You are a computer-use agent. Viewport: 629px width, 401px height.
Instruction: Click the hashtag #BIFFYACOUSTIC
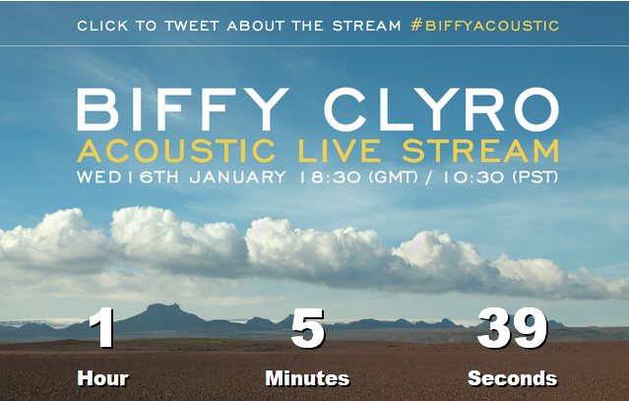tap(484, 26)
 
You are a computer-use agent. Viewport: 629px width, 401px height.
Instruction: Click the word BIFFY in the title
tap(182, 109)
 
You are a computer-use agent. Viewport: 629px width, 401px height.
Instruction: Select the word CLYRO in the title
tap(441, 109)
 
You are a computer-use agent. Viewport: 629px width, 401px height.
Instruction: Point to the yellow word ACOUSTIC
tap(176, 151)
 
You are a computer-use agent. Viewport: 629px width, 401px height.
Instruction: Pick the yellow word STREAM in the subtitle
tap(480, 151)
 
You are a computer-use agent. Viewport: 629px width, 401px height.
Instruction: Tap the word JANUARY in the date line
tap(238, 177)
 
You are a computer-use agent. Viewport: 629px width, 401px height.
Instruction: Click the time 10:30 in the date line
tap(473, 177)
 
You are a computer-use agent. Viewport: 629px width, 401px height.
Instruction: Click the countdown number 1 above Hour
tap(102, 327)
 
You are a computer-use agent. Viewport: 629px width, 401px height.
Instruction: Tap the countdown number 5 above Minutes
tap(308, 328)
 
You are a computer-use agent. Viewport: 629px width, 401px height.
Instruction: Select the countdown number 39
tap(512, 328)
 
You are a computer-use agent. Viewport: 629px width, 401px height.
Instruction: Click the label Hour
tap(103, 378)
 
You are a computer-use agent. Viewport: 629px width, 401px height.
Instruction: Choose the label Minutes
tap(308, 378)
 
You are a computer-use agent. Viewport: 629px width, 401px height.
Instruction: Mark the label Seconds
tap(513, 378)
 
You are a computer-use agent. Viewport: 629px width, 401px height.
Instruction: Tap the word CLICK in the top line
tap(102, 26)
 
